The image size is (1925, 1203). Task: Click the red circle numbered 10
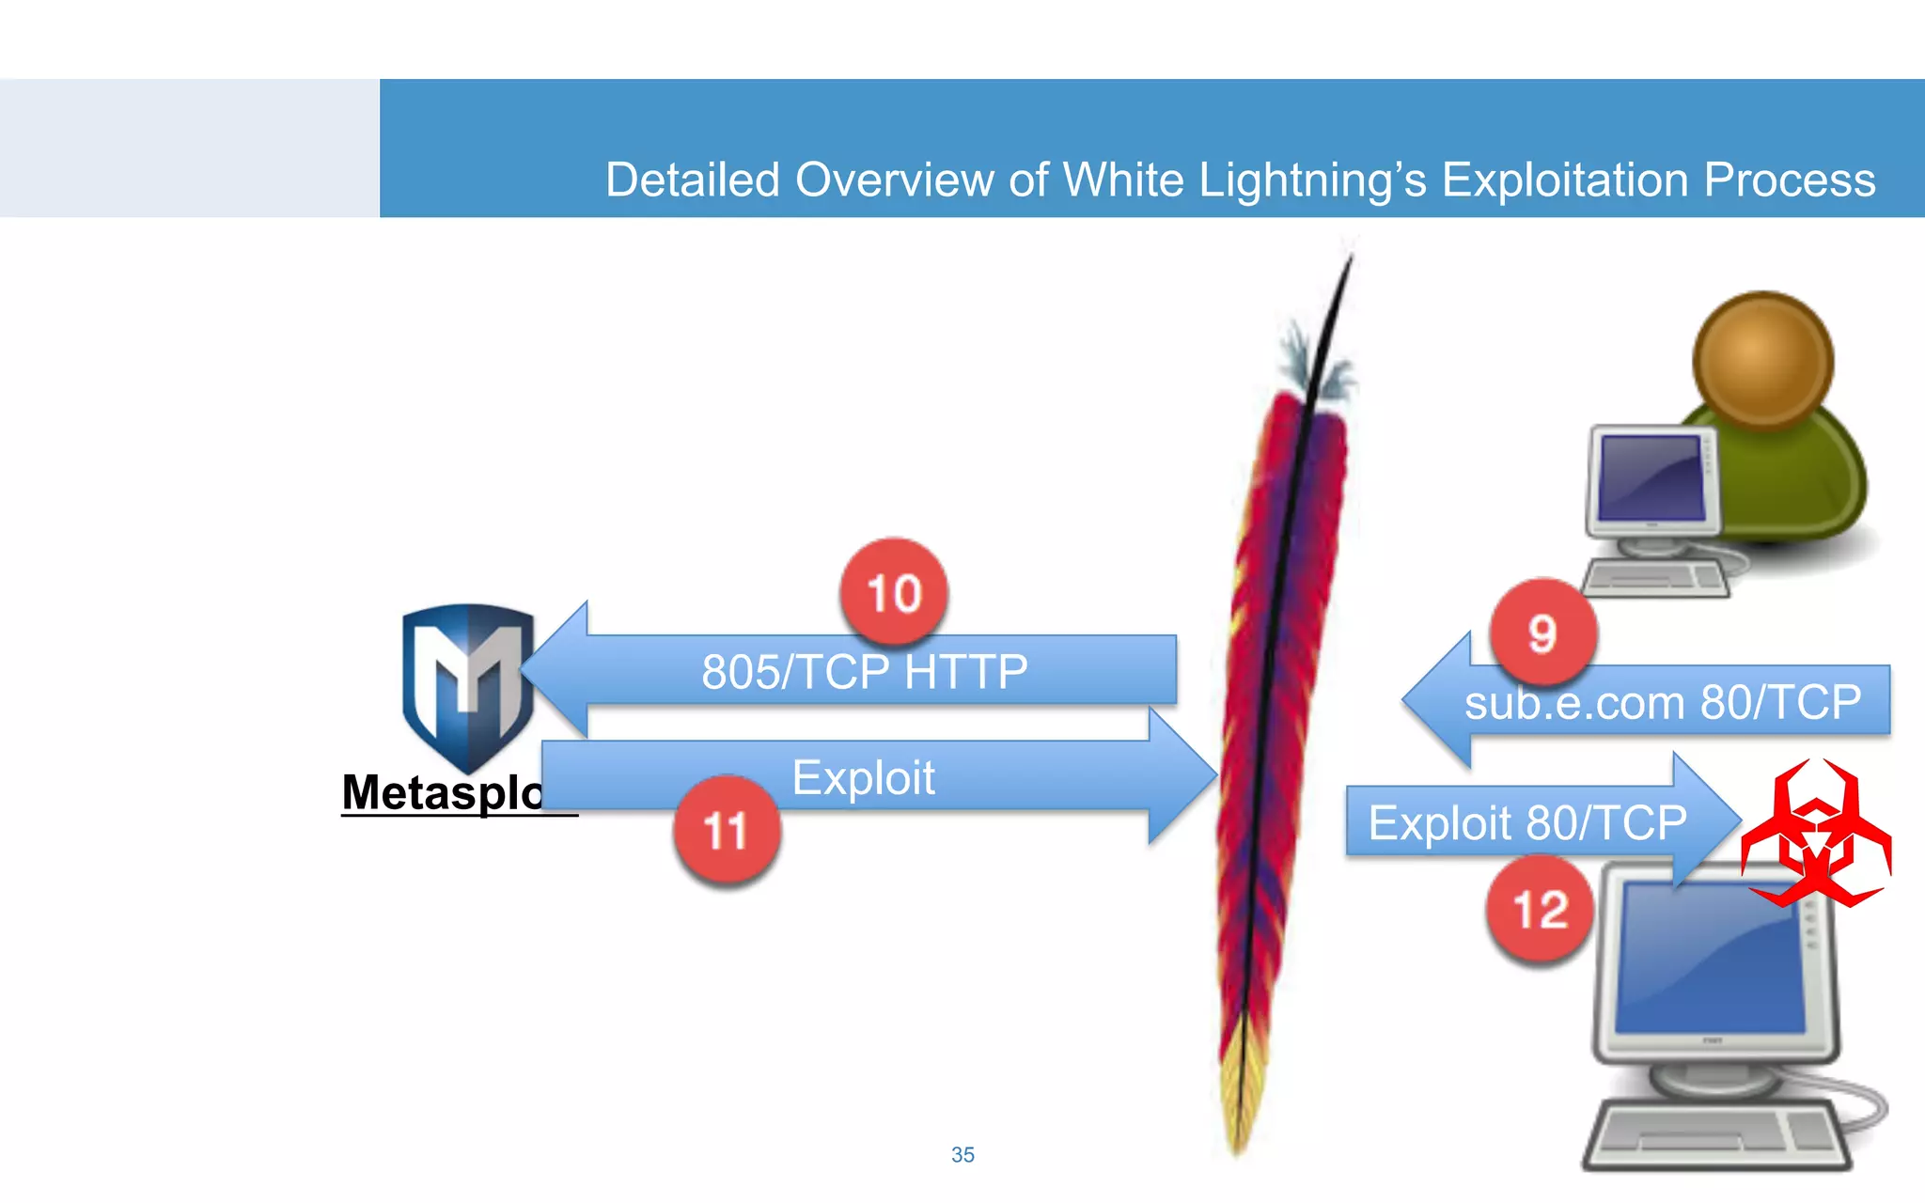pyautogui.click(x=894, y=592)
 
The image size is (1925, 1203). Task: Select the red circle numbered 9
pyautogui.click(x=1542, y=633)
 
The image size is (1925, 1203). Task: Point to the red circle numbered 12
pyautogui.click(x=1540, y=909)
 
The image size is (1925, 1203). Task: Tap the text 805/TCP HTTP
pyautogui.click(x=864, y=672)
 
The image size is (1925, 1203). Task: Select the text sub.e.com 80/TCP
pyautogui.click(x=1662, y=702)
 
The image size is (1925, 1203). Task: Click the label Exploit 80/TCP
pyautogui.click(x=1526, y=822)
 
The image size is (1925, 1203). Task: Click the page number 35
pyautogui.click(x=962, y=1154)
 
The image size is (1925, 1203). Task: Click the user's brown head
pyautogui.click(x=1762, y=360)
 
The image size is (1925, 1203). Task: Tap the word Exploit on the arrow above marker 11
pyautogui.click(x=863, y=778)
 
